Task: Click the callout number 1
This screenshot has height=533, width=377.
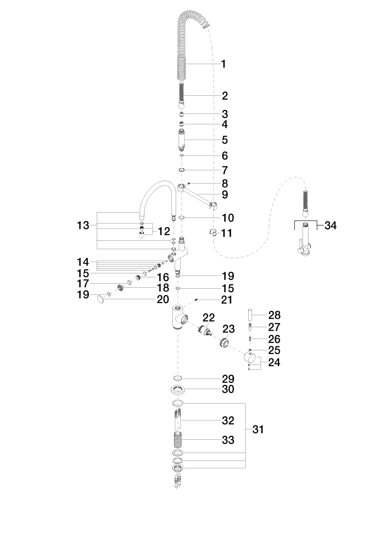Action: coord(224,64)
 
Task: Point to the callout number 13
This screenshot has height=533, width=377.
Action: coord(83,226)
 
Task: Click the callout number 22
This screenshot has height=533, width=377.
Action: coord(209,317)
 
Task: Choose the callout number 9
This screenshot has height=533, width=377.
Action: coord(224,194)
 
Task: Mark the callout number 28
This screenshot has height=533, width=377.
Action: coord(274,315)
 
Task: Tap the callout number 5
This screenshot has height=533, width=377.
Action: coord(224,140)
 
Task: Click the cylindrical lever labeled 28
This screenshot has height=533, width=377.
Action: coord(251,314)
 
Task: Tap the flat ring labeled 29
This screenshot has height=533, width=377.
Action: coord(179,379)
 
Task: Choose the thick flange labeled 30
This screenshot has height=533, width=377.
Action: coord(179,390)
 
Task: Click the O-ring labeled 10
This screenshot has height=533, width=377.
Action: coord(181,217)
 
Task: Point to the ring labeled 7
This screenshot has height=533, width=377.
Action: coord(181,171)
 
